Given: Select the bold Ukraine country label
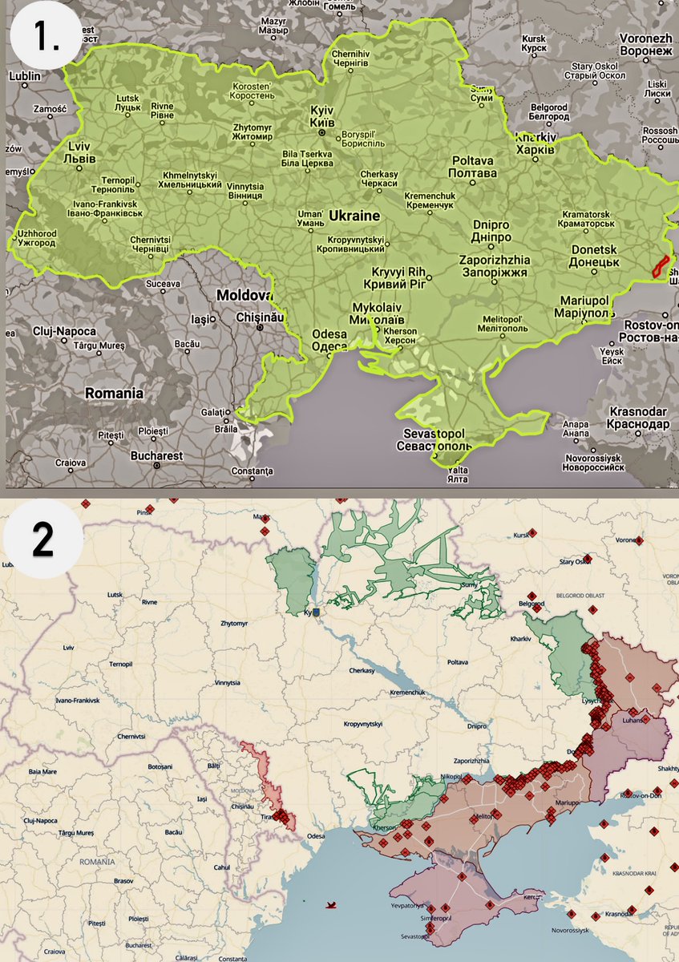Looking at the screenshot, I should (354, 216).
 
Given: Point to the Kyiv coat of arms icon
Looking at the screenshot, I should (316, 612).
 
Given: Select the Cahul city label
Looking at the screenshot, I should (222, 867).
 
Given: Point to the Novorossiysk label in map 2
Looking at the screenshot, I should (573, 930).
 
